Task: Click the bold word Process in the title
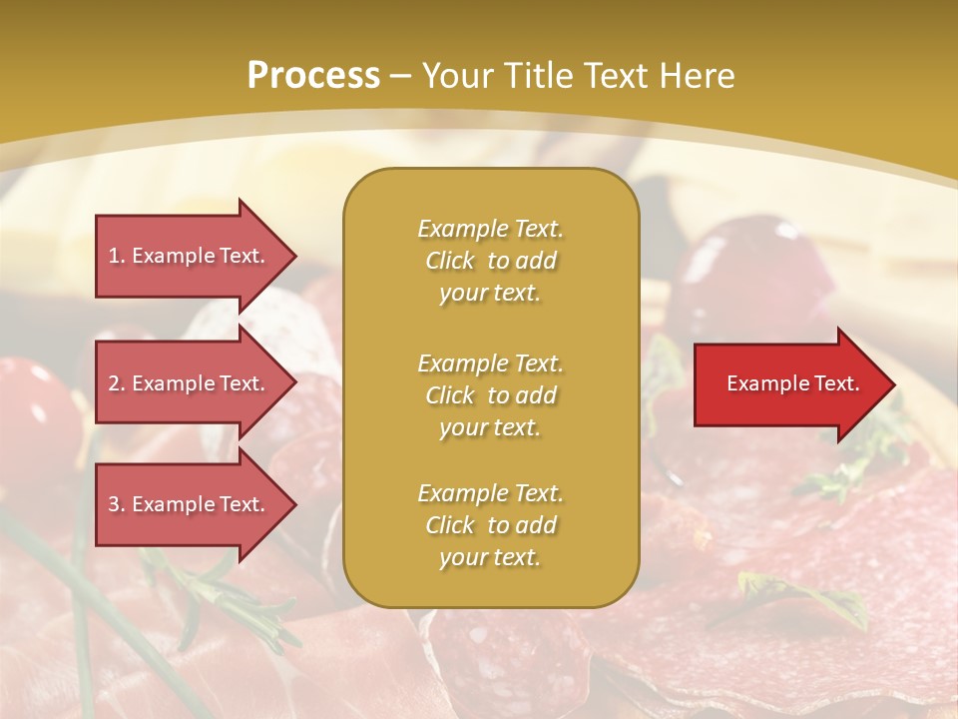coord(313,76)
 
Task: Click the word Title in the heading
coord(536,76)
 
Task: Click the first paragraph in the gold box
coord(490,261)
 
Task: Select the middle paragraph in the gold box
coord(490,394)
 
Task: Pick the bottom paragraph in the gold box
coord(490,525)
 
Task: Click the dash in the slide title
coord(400,76)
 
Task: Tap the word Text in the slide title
coord(614,76)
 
